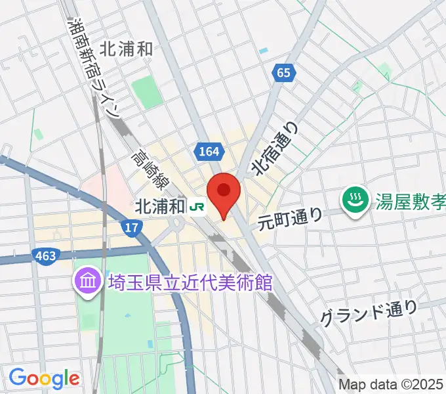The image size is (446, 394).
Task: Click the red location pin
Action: tap(224, 192)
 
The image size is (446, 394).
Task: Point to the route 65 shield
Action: tap(283, 74)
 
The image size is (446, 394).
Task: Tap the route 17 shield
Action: tap(132, 227)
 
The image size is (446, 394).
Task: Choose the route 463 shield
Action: tap(47, 254)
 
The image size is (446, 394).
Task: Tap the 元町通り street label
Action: tap(290, 217)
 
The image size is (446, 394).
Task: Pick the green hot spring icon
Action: tap(355, 201)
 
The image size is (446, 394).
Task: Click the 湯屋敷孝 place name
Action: tap(408, 200)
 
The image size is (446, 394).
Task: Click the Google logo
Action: tap(44, 378)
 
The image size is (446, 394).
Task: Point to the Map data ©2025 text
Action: tap(391, 383)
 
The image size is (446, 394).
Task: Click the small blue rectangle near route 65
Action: tap(264, 51)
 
